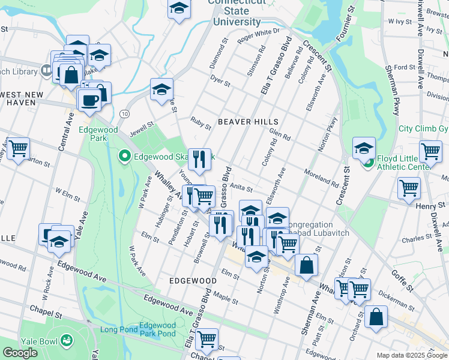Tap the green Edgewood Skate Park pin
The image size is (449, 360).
[125, 157]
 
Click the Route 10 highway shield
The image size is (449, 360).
[124, 113]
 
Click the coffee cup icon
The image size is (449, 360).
[90, 100]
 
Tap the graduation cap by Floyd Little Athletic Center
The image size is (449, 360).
[364, 148]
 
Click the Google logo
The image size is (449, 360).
[20, 353]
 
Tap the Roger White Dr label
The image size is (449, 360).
[259, 35]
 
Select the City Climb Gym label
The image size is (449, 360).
[423, 129]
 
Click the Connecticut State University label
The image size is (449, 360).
[237, 12]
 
